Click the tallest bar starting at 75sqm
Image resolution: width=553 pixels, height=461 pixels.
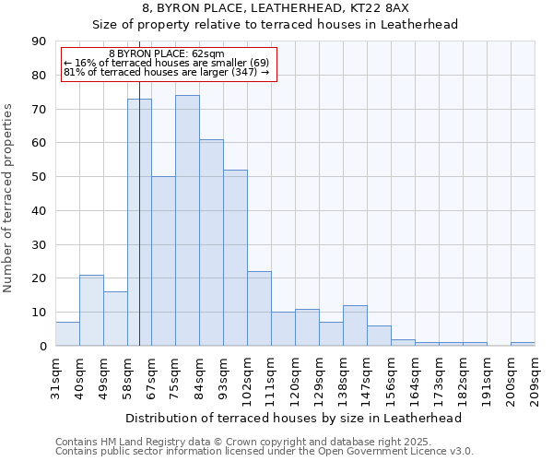point(187,220)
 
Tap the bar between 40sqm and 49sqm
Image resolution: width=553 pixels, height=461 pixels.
point(91,310)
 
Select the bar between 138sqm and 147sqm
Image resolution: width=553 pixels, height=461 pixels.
point(355,325)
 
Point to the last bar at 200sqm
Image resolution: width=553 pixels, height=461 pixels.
point(523,344)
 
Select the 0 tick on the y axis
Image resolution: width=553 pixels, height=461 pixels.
point(41,346)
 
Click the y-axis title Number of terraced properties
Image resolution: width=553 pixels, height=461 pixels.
point(9,198)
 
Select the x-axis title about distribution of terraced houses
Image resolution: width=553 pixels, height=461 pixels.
point(293,418)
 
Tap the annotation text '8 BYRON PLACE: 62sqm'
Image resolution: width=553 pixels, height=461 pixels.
point(166,54)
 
